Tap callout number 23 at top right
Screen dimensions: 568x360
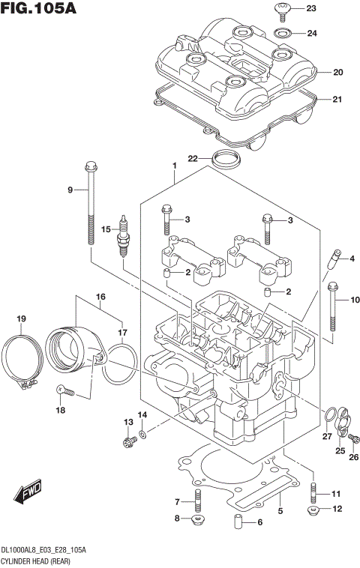(311, 9)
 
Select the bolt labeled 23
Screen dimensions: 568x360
(283, 10)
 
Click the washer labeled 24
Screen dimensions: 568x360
(283, 33)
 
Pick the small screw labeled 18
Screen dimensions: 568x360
(65, 390)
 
